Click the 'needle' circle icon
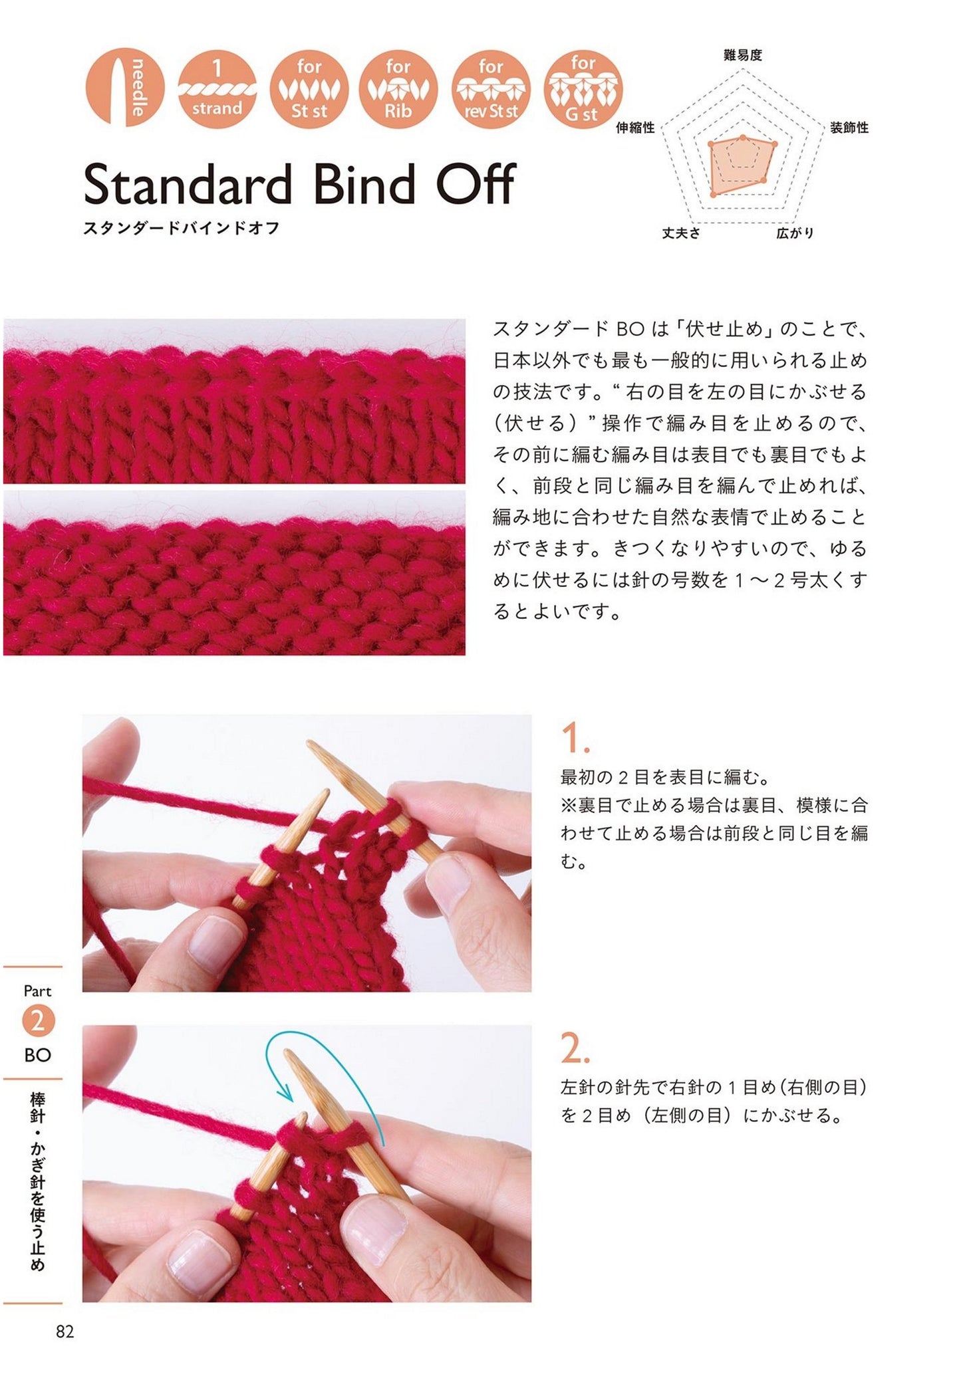pyautogui.click(x=124, y=87)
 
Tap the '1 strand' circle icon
pyautogui.click(x=217, y=87)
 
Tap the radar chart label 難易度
pyautogui.click(x=742, y=55)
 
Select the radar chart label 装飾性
pyautogui.click(x=849, y=128)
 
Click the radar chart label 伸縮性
pyautogui.click(x=635, y=128)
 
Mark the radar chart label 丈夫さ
pyautogui.click(x=681, y=233)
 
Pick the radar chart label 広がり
pyautogui.click(x=795, y=233)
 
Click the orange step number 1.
pyautogui.click(x=575, y=739)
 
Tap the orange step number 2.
pyautogui.click(x=575, y=1049)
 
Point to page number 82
pyautogui.click(x=65, y=1332)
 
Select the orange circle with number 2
pyautogui.click(x=38, y=1021)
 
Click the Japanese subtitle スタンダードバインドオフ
pyautogui.click(x=182, y=228)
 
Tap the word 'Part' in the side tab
pyautogui.click(x=37, y=991)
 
